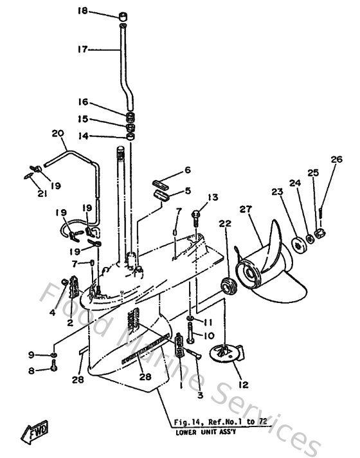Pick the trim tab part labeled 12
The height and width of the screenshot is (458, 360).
coord(226,353)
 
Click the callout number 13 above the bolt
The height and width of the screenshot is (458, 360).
coord(213,197)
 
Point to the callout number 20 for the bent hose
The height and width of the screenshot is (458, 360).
coord(57,134)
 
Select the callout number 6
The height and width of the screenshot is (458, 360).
coord(188,170)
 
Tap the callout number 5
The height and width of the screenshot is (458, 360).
coord(188,190)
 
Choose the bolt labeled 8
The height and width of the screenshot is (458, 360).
coord(53,369)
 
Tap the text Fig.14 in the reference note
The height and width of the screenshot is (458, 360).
coord(186,422)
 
